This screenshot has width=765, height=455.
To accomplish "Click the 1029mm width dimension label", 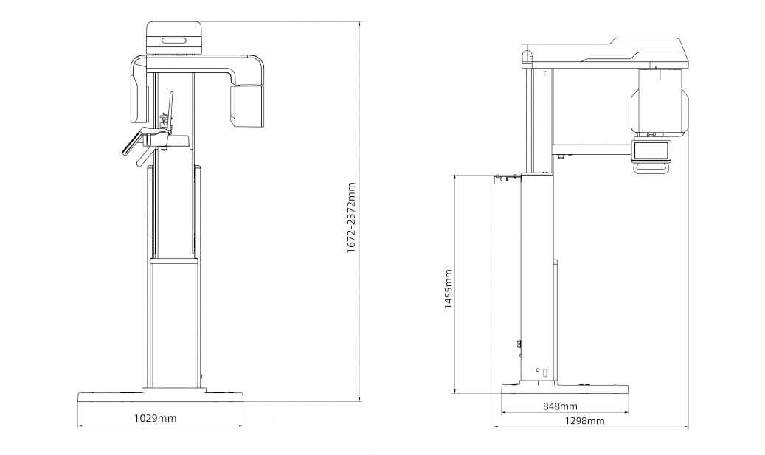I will (155, 418).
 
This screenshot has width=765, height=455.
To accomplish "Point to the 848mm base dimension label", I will (560, 406).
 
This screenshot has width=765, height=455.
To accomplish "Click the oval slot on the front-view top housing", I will (174, 40).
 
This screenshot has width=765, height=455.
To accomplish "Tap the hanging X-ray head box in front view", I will (246, 105).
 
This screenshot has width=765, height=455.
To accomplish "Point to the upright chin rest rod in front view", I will (170, 107).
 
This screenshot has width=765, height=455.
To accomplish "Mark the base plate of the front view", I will (160, 396).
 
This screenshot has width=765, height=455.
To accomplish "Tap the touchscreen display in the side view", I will (651, 150).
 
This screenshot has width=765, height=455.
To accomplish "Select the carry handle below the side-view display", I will (651, 168).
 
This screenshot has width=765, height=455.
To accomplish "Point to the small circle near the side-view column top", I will (545, 72).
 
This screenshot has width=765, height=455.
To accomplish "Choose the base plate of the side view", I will (564, 389).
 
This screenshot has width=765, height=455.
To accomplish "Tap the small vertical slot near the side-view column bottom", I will (545, 373).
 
